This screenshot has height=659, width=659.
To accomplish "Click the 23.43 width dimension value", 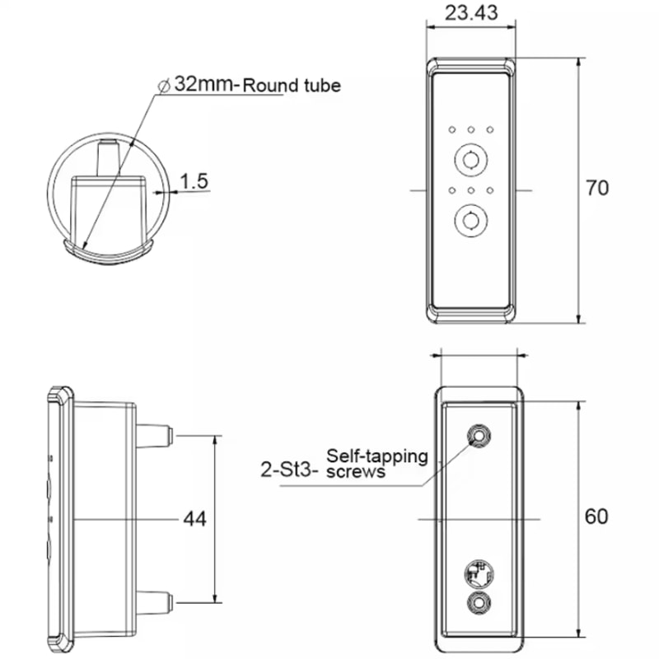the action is click(470, 12).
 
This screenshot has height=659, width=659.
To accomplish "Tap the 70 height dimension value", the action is click(596, 188).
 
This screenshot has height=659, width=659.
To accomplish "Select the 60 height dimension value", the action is click(596, 516).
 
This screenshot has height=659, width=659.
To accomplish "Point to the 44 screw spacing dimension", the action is click(194, 519).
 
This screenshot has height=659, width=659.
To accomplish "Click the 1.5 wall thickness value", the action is click(194, 181).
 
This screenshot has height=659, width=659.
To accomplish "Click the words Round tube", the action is click(292, 86).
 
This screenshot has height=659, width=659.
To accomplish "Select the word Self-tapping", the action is click(377, 456).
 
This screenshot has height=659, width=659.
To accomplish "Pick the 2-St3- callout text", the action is click(289, 470).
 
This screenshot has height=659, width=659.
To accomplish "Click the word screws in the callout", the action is click(356, 471).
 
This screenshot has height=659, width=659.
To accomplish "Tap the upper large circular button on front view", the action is click(470, 160).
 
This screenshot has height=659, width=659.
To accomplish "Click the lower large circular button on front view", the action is click(470, 220).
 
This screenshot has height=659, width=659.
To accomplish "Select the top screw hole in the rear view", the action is click(479, 436).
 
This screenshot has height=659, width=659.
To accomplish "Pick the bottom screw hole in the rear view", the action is click(479, 603).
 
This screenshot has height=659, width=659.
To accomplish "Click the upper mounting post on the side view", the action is click(154, 436).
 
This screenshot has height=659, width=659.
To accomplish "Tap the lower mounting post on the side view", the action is click(154, 603).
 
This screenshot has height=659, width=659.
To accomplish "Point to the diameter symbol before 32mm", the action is click(163, 86).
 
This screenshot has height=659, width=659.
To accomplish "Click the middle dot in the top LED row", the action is click(470, 130).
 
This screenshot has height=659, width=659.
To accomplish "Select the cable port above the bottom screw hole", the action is click(479, 574).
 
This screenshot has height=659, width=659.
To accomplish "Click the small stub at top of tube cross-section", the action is click(108, 157).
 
